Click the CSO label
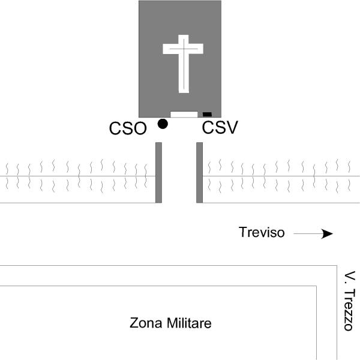pyautogui.click(x=128, y=128)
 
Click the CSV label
pyautogui.click(x=220, y=127)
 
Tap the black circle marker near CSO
pyautogui.click(x=163, y=124)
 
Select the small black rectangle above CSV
pyautogui.click(x=207, y=115)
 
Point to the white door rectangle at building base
pyautogui.click(x=184, y=115)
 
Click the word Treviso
pyautogui.click(x=262, y=232)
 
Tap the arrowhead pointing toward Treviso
pyautogui.click(x=327, y=234)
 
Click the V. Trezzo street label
pyautogui.click(x=349, y=301)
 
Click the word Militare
pyautogui.click(x=189, y=323)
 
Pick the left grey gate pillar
pyautogui.click(x=158, y=173)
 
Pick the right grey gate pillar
pyautogui.click(x=200, y=173)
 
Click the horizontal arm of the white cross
pyautogui.click(x=183, y=49)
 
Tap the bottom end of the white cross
pyautogui.click(x=184, y=93)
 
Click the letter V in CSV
pyautogui.click(x=232, y=127)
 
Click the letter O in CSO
pyautogui.click(x=140, y=128)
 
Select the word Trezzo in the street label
pyautogui.click(x=349, y=310)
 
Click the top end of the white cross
pyautogui.click(x=183, y=35)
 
